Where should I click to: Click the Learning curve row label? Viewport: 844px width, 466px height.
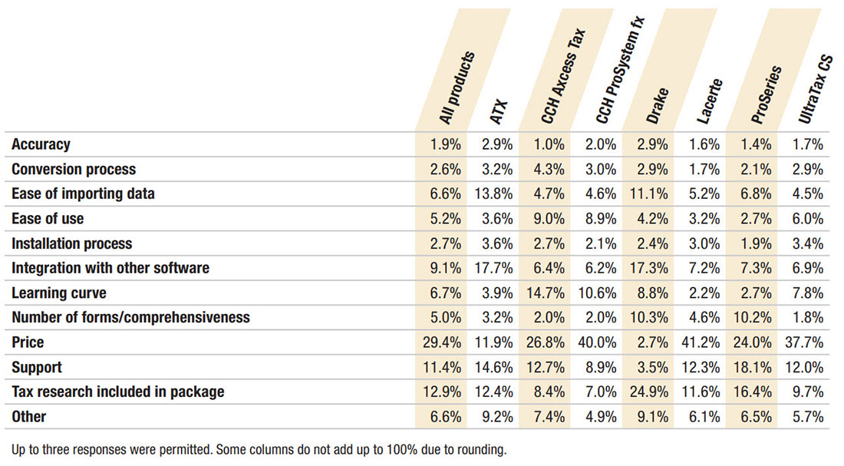[x=59, y=293]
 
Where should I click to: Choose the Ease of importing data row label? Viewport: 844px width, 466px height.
[x=83, y=193]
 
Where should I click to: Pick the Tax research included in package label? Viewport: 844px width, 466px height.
[x=118, y=392]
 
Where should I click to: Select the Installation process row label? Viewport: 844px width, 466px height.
[x=71, y=243]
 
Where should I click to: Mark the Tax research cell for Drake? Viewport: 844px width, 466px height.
[x=649, y=392]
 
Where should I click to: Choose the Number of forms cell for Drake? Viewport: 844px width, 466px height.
[x=649, y=318]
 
